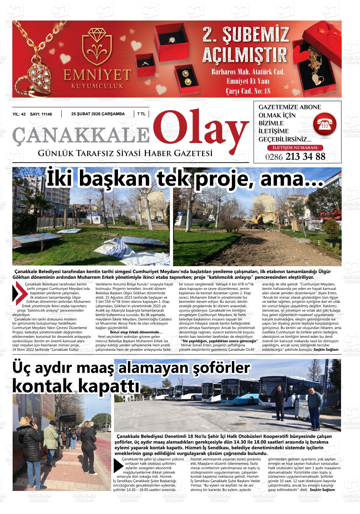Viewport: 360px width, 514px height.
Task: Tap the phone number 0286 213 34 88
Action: [x=295, y=157]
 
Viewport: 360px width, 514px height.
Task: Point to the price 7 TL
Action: [x=141, y=114]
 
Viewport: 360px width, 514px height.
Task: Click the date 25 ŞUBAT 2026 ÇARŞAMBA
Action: [x=98, y=114]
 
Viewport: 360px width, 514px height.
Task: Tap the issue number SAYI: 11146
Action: [x=41, y=114]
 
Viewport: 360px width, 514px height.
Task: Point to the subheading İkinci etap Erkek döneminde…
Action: [x=136, y=332]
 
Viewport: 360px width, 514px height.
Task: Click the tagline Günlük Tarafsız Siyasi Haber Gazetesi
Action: [x=125, y=153]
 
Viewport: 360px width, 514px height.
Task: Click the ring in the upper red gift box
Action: [x=171, y=40]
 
